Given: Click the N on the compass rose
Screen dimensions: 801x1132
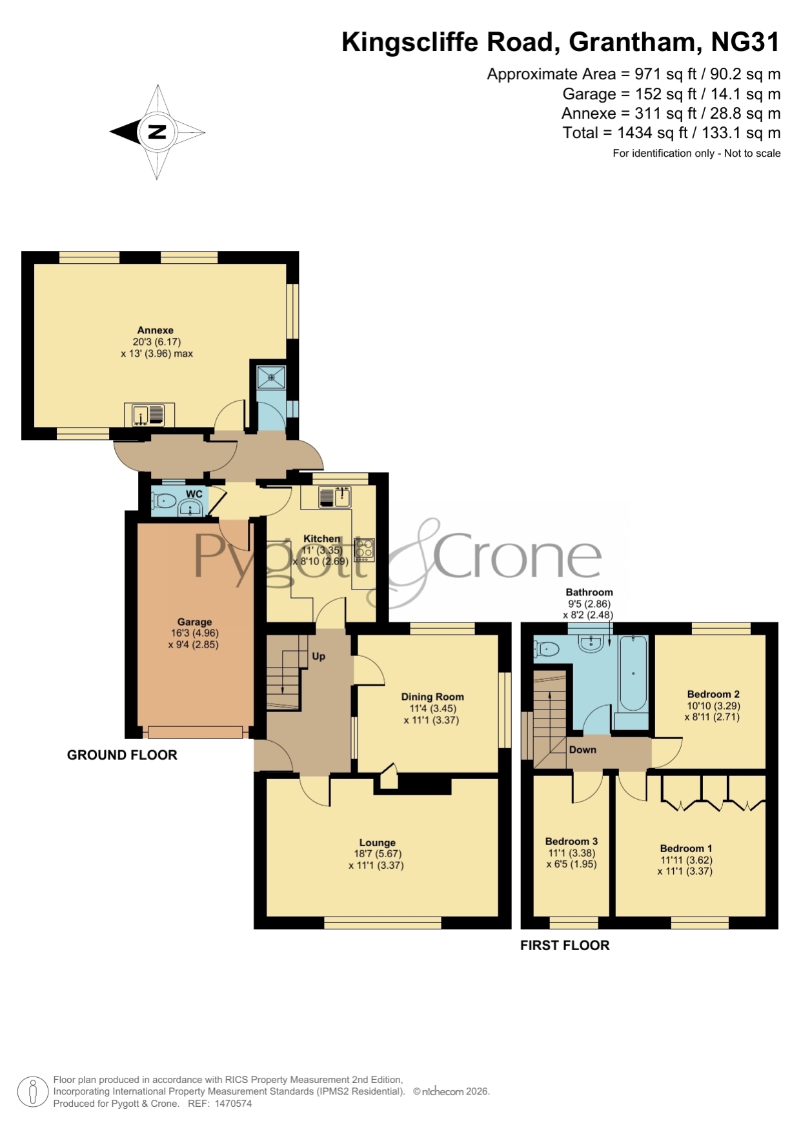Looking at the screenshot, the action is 157,132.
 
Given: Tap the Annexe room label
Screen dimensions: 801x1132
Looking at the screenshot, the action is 156,330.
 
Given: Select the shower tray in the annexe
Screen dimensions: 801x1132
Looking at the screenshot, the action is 272,375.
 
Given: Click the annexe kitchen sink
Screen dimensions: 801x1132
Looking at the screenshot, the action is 149,415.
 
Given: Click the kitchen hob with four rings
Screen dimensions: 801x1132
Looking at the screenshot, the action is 364,550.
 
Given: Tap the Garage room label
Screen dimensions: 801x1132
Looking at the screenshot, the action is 195,622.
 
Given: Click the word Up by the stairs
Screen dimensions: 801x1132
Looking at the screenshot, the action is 319,657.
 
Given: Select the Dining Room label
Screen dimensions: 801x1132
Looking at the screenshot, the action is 432,697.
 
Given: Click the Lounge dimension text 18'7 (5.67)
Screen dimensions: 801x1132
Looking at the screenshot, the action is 378,854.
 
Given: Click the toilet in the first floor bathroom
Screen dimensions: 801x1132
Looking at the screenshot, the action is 546,649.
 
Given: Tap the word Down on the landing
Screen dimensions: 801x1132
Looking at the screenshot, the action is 583,750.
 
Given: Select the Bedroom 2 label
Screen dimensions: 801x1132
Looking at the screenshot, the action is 713,694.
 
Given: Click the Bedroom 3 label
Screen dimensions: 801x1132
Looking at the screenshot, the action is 571,841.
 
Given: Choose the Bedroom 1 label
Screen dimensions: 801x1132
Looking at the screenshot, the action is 686,849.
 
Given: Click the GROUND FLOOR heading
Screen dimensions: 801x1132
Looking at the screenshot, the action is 122,755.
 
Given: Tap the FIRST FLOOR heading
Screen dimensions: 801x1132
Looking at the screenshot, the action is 565,945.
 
